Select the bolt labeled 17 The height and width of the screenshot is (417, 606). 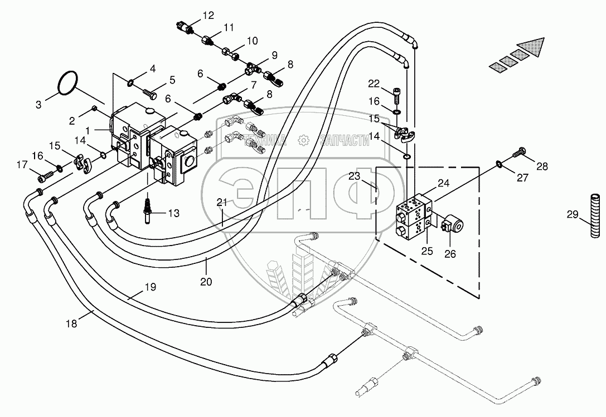(45, 178)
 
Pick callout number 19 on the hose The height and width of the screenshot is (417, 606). (149, 287)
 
